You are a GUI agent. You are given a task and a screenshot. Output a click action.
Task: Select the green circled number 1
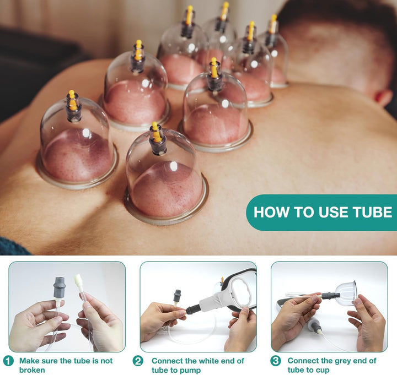(x=8, y=361)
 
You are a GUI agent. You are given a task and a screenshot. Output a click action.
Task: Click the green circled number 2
(x=138, y=361)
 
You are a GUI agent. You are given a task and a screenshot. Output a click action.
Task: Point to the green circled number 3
(x=275, y=361)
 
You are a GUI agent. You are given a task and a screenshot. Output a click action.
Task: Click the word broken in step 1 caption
(x=32, y=370)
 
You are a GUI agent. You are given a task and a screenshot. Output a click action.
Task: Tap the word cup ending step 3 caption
(x=322, y=370)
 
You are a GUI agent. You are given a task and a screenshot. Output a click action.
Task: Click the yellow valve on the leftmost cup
(x=72, y=101)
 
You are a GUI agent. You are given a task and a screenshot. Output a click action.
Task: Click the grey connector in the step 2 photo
(x=178, y=296)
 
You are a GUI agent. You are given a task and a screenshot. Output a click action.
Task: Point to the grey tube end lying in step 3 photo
(x=315, y=325)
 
